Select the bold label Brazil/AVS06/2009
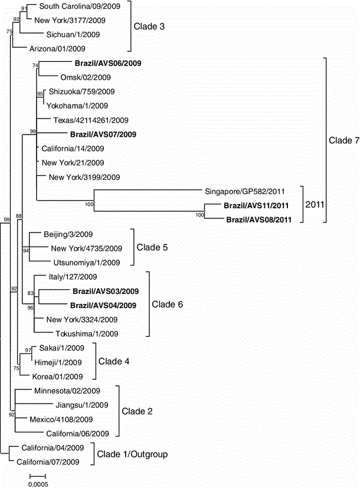[108, 63]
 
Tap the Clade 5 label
[152, 247]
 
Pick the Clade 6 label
[168, 304]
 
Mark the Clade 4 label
[114, 361]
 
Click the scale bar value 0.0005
[38, 484]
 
